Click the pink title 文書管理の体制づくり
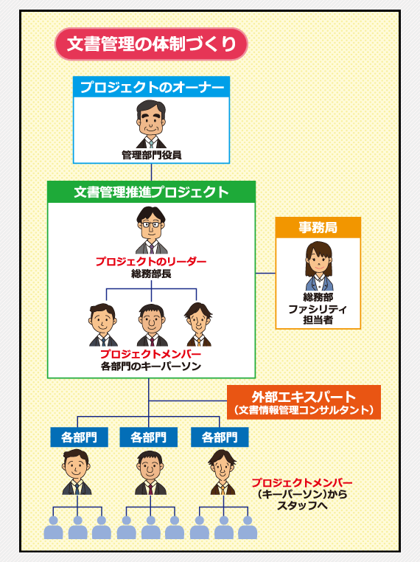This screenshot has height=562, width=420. pos(151,44)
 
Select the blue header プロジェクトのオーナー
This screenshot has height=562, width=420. pos(151,88)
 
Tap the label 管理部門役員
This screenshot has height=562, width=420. pos(151,155)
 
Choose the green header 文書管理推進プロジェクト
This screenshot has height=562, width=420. pos(151,192)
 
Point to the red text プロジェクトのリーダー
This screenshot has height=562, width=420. pos(151,262)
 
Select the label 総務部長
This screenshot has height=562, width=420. pos(151,274)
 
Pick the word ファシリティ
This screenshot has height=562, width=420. pos(318,309)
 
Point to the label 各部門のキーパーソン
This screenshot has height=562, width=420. pos(151,366)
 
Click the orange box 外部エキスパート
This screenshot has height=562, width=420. pos(304,402)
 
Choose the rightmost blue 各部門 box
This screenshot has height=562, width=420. pos(219,437)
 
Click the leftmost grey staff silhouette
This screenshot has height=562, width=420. pos(53,528)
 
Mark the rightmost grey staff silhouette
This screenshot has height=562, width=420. pos(248,528)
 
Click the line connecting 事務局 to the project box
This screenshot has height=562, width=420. pos(265,273)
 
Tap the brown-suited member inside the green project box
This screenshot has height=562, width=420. pos(197,325)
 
